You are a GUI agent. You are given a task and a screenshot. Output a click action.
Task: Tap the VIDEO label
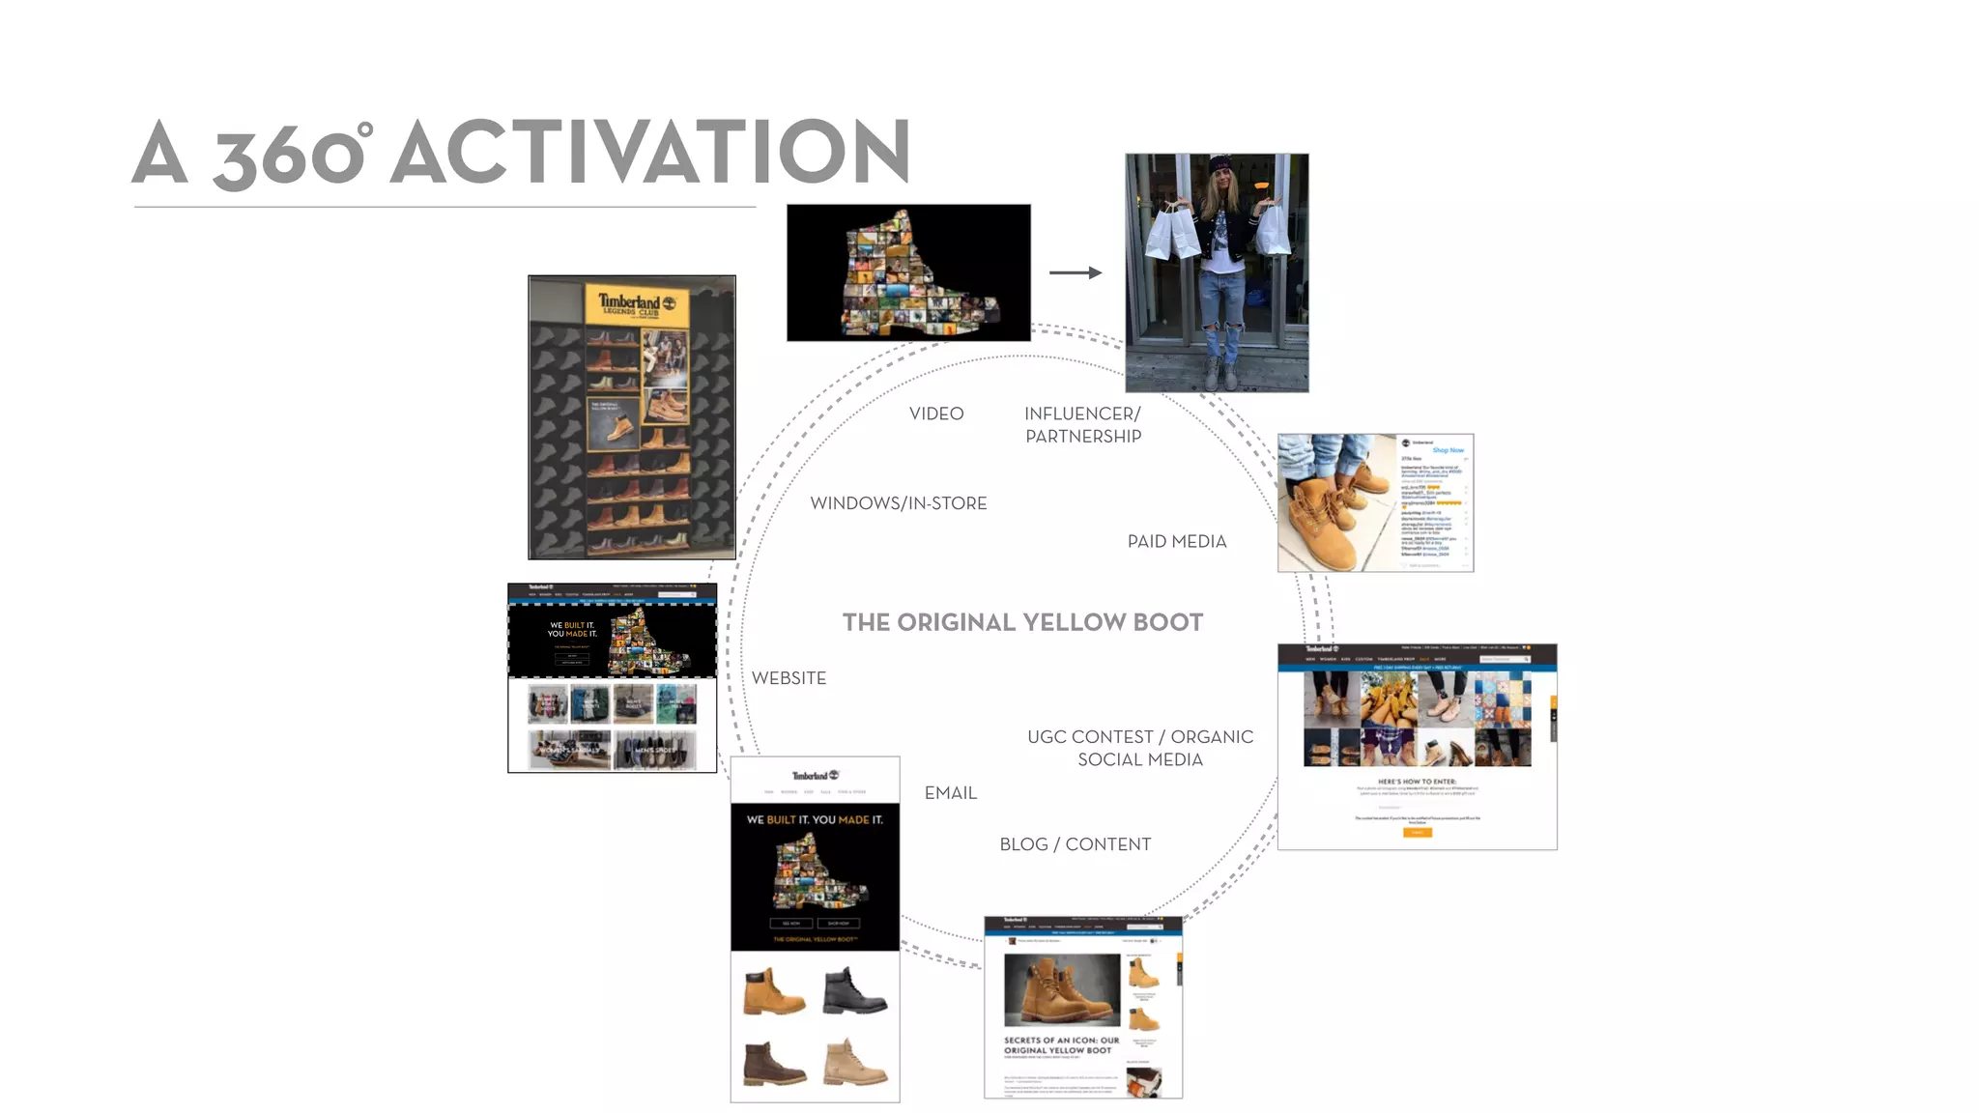pyautogui.click(x=935, y=414)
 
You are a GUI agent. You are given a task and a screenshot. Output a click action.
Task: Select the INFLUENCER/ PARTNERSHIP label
pyautogui.click(x=1082, y=425)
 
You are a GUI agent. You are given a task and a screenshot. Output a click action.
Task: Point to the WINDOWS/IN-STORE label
pyautogui.click(x=898, y=503)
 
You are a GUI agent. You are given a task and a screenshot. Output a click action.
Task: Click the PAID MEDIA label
pyautogui.click(x=1176, y=542)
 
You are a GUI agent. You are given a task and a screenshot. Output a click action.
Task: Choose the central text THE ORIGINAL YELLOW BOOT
pyautogui.click(x=1022, y=622)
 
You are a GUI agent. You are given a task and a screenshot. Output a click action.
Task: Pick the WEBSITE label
pyautogui.click(x=789, y=678)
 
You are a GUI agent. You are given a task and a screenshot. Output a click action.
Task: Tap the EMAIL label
pyautogui.click(x=950, y=793)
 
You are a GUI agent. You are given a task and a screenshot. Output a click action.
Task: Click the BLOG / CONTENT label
pyautogui.click(x=1075, y=844)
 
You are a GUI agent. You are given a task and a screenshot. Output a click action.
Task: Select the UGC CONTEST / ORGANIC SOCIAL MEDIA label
pyautogui.click(x=1140, y=749)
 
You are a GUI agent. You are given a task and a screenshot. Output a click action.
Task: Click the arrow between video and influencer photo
pyautogui.click(x=1076, y=272)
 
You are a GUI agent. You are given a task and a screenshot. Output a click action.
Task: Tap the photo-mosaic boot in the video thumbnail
pyautogui.click(x=913, y=275)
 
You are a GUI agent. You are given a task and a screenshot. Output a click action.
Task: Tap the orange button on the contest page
pyautogui.click(x=1417, y=832)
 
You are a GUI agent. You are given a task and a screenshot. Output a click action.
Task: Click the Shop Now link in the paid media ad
pyautogui.click(x=1447, y=450)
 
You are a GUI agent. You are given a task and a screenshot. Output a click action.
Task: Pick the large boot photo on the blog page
pyautogui.click(x=1061, y=989)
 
